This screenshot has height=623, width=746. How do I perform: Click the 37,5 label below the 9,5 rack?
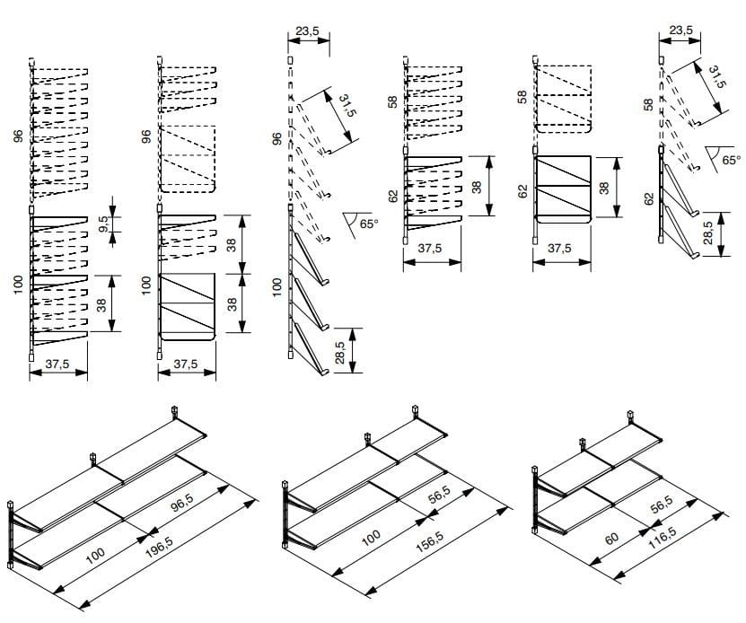coord(58,364)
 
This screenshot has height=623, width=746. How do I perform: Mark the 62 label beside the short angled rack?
coord(648,197)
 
